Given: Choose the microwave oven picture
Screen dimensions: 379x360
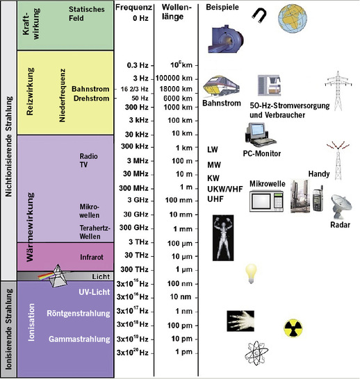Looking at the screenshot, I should [267, 199].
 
